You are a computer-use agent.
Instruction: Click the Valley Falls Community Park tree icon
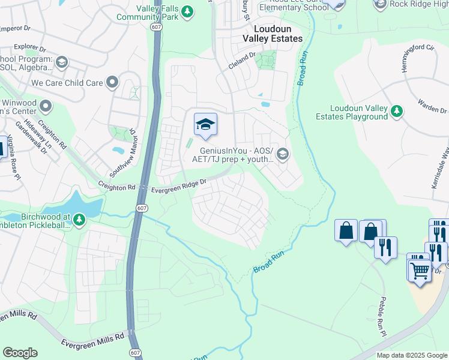coord(187,11)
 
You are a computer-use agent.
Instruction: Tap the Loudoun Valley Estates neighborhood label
coord(272,34)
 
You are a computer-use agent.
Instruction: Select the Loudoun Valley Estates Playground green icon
coord(396,111)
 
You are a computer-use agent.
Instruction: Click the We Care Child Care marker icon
coord(112,83)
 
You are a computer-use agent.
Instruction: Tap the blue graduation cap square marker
coord(205,124)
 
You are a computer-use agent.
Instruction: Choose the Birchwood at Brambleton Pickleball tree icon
coord(79,221)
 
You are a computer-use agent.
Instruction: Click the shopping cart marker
coord(420,269)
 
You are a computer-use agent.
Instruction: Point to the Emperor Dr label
coord(14,28)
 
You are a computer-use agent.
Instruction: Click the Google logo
coord(20,353)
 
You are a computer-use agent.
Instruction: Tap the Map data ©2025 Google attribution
coord(411,355)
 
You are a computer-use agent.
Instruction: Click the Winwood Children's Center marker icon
coord(46,107)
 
